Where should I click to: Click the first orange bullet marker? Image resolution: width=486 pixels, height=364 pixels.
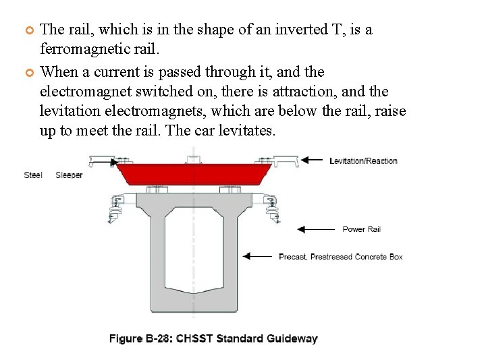(29, 30)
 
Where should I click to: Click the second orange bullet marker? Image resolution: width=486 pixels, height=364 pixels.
(29, 72)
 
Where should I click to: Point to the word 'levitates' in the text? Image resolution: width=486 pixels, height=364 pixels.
(245, 131)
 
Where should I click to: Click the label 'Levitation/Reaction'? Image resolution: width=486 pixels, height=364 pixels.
(363, 160)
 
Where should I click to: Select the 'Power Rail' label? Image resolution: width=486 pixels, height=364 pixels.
(361, 229)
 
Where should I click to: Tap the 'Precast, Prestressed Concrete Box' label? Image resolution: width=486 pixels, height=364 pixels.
(340, 257)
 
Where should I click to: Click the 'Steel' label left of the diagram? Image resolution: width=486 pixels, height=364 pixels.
(33, 175)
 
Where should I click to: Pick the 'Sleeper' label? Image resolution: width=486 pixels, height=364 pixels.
(69, 175)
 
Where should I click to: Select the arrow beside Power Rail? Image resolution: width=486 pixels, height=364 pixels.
(315, 229)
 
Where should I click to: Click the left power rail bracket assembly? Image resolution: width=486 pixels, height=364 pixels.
(118, 206)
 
